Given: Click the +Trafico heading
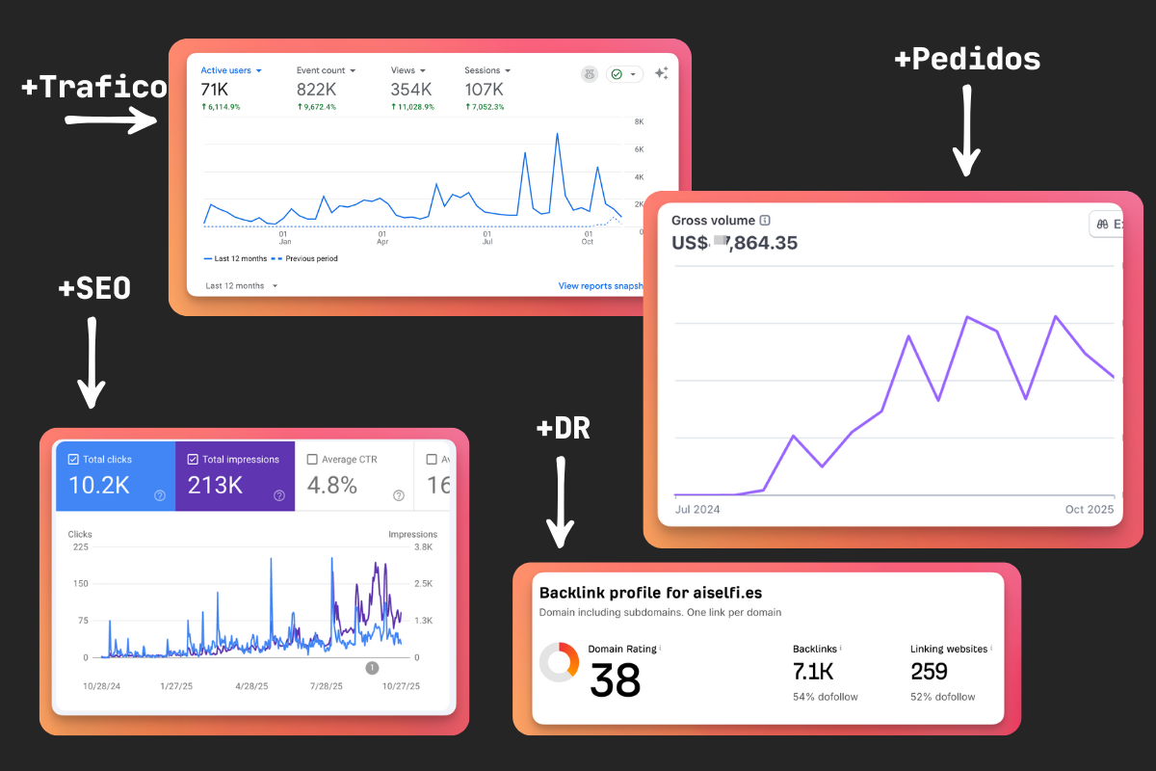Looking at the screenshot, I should coord(93,88).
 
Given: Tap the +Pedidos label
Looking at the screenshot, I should coord(967,60).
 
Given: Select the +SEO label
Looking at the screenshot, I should coord(94,287).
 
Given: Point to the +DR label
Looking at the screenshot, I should coord(563,428).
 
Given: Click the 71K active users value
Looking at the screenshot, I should coord(214,90).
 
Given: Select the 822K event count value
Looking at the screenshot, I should coord(317,90).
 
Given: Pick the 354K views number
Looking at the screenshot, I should coord(412,90).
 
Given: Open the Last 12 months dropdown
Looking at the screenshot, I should coord(242,286).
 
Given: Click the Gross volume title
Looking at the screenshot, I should coord(713,221).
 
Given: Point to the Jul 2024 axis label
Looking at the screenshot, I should coord(697,509).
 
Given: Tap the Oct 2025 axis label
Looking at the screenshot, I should coord(1089,509).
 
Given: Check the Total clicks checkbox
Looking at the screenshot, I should coord(74,460).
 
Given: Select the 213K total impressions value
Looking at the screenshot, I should coord(215,485).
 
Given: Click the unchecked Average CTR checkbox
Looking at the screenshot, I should coord(312,460).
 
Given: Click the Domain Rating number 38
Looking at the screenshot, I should coord(615,680).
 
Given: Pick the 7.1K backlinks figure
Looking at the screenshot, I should coord(813,671).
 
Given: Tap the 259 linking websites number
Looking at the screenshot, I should coord(929,671).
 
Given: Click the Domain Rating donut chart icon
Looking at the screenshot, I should coord(559,662).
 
